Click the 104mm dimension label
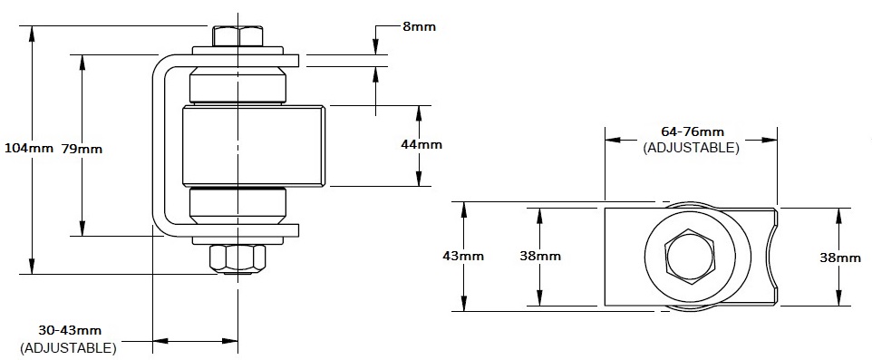click(28, 148)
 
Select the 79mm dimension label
click(82, 149)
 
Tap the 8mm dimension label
click(419, 26)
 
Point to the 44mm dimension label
click(421, 144)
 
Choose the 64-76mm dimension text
click(693, 131)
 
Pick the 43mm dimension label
click(463, 256)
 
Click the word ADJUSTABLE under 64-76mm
click(692, 149)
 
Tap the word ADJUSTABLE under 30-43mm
click(68, 348)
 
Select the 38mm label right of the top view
click(840, 258)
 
